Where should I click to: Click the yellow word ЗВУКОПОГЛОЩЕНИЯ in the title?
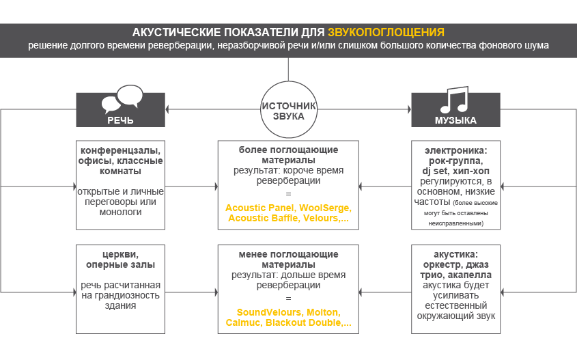pos(386,32)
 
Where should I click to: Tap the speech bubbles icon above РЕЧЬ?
pos(121,99)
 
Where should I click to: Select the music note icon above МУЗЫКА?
pos(454,100)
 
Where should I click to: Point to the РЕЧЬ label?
pos(120,120)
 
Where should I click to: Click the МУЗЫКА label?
pos(455,120)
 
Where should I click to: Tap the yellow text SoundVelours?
pos(263,311)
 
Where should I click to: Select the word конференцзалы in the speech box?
pos(120,150)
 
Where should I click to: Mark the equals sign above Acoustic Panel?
pos(288,195)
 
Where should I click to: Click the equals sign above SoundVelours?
pos(288,299)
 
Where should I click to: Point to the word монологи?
pos(120,212)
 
